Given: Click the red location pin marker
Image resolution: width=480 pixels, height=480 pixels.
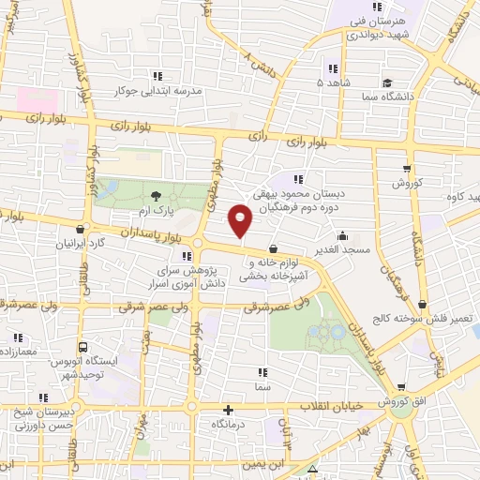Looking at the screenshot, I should pyautogui.click(x=241, y=220).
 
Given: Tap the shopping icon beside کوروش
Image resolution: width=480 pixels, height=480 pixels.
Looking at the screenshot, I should pyautogui.click(x=406, y=169).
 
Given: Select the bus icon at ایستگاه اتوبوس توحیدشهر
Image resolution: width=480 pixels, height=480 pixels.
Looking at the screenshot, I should pyautogui.click(x=82, y=345).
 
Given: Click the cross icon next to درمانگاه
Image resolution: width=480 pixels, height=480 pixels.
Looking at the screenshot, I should pyautogui.click(x=228, y=410).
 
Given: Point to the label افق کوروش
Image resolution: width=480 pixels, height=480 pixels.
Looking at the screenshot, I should pyautogui.click(x=402, y=401).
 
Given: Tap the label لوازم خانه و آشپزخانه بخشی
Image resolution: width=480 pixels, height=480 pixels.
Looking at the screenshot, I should pyautogui.click(x=273, y=270).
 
